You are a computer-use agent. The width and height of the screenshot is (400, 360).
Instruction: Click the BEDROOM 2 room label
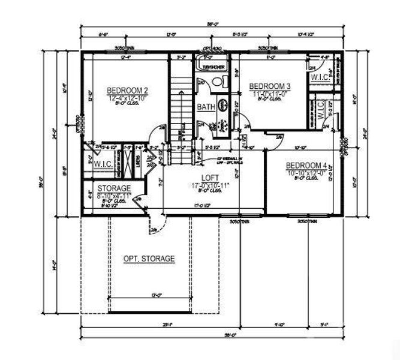(128, 90)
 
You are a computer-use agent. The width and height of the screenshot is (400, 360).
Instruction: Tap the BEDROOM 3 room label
(270, 86)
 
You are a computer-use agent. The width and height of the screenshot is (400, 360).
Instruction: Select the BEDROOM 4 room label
(306, 166)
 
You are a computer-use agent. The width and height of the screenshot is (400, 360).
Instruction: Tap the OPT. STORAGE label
(149, 259)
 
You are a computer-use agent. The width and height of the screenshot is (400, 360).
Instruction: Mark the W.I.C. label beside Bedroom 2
(100, 163)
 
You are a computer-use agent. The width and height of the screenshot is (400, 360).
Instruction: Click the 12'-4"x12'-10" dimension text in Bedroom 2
(128, 97)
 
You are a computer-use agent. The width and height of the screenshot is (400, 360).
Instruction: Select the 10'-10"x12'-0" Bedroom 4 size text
(306, 173)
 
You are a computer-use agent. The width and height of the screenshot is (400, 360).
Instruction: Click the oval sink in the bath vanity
(222, 105)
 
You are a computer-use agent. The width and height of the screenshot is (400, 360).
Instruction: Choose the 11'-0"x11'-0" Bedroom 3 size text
(270, 94)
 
